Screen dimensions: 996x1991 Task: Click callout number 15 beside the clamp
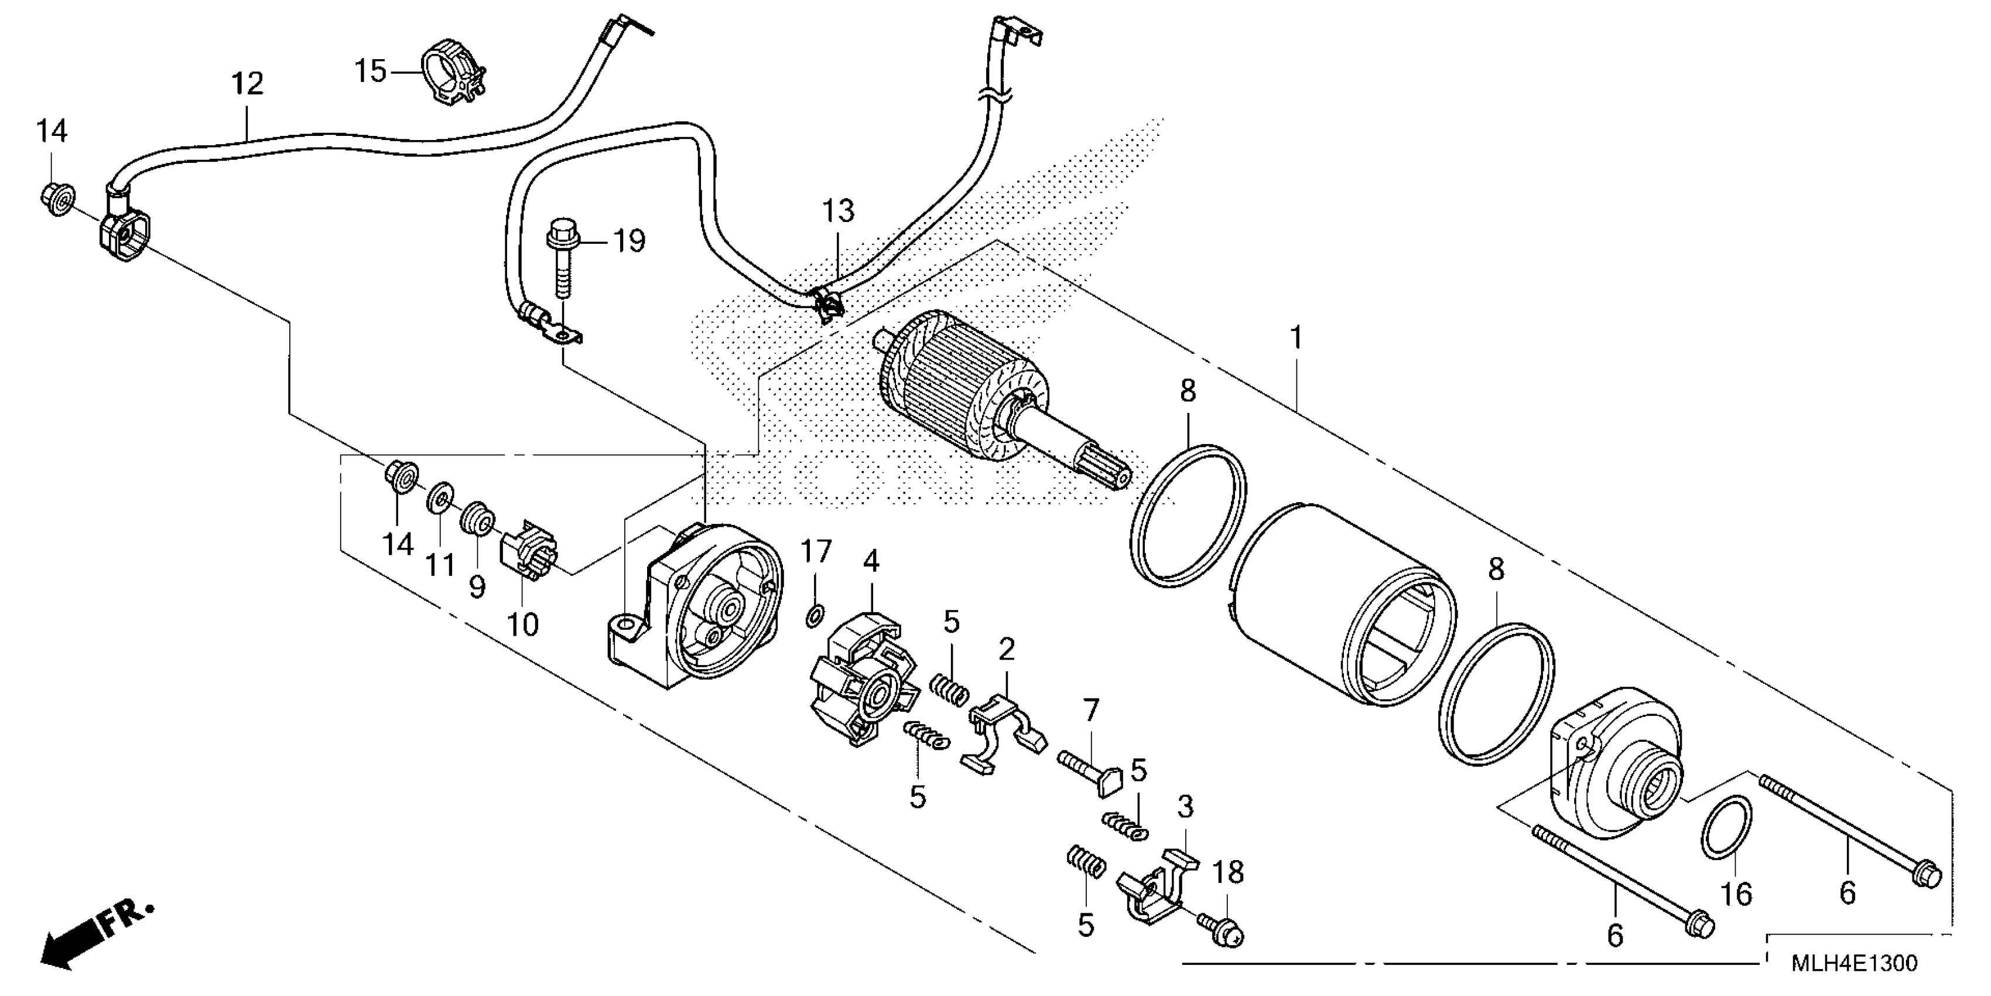point(370,71)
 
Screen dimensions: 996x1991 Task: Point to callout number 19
point(629,241)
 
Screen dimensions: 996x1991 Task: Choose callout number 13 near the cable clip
point(838,210)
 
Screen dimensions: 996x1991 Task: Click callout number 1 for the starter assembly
point(1296,338)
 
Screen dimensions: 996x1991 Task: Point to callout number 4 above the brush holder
point(871,561)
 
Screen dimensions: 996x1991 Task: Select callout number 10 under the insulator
point(522,624)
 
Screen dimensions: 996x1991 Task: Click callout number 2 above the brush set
point(1005,650)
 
